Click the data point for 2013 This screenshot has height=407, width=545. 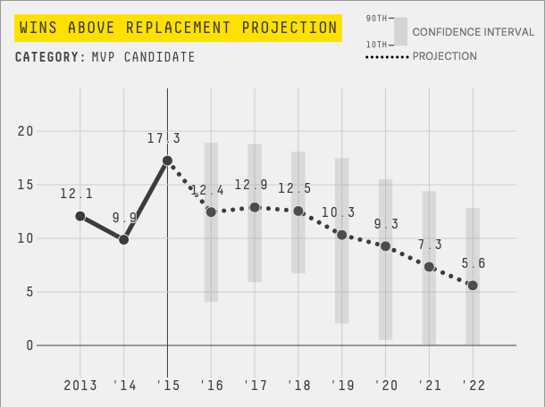click(80, 216)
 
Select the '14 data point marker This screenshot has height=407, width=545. click(124, 239)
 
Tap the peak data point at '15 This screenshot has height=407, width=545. click(168, 161)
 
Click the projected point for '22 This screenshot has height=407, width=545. click(473, 286)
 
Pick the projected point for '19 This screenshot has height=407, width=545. click(341, 235)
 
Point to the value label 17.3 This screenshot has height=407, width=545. click(164, 138)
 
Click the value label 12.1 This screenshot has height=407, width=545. click(77, 194)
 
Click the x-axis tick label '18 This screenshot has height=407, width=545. click(298, 385)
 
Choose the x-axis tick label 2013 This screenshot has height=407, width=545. click(80, 385)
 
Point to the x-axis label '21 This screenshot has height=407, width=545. click(429, 385)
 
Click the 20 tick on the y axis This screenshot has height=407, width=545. click(25, 131)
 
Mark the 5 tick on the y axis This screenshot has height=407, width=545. click(29, 292)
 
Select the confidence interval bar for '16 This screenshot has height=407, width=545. click(212, 222)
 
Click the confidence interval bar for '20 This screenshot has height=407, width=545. click(386, 259)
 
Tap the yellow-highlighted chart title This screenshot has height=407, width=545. click(178, 28)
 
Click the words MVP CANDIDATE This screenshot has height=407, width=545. click(143, 58)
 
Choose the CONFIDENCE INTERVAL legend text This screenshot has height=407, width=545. click(473, 31)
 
